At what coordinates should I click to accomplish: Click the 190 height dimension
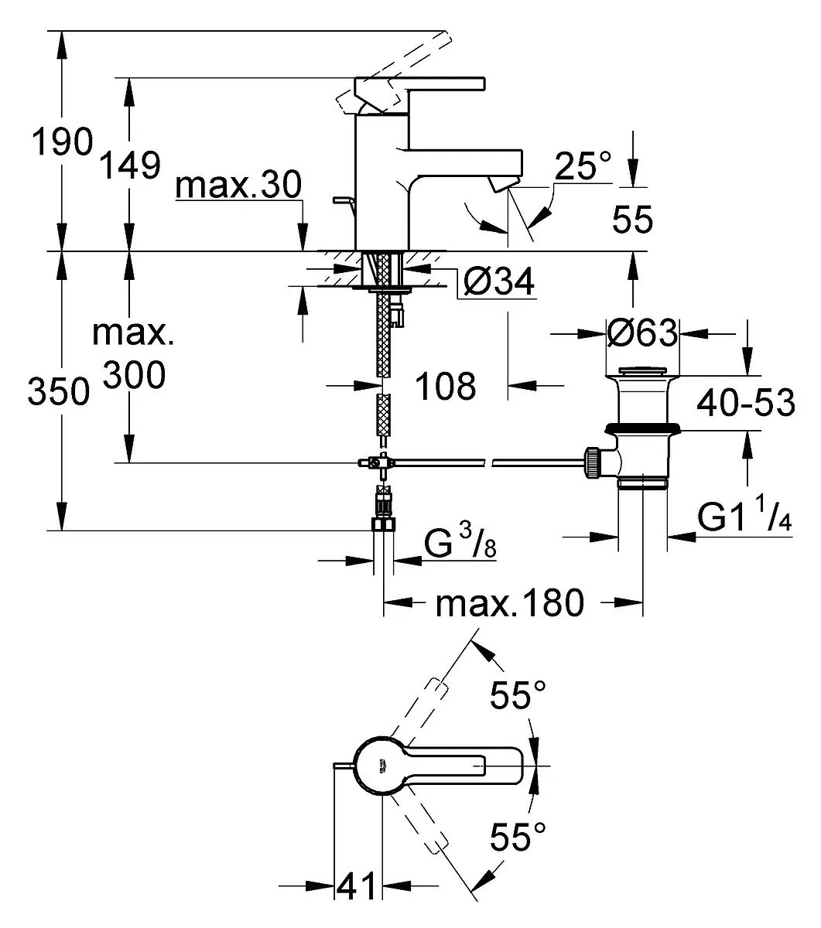click(x=62, y=142)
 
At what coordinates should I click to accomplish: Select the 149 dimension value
click(x=130, y=165)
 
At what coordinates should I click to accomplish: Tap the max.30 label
click(x=238, y=185)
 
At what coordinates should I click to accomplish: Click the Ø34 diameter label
click(x=499, y=281)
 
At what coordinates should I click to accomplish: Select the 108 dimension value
click(x=445, y=386)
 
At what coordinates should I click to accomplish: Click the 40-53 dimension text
click(x=745, y=403)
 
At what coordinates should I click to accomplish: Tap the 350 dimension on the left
click(x=58, y=391)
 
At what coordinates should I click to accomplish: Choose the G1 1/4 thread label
click(x=744, y=517)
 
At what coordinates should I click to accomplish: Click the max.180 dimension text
click(x=510, y=603)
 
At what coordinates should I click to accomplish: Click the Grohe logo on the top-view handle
click(x=382, y=766)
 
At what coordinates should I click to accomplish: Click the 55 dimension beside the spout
click(x=632, y=220)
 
